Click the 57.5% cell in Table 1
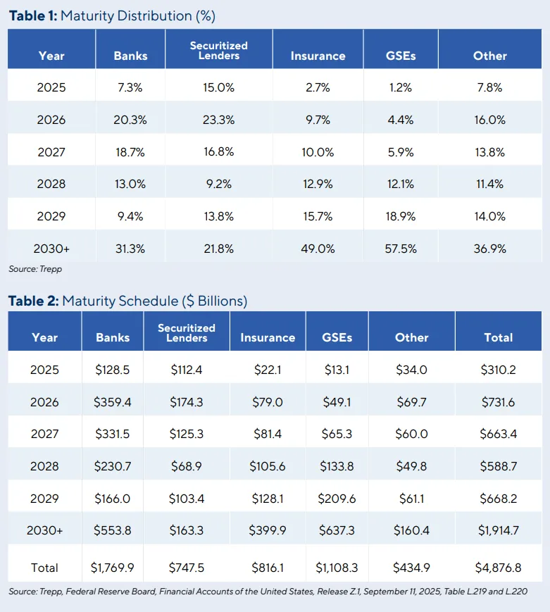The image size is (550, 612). [x=401, y=249]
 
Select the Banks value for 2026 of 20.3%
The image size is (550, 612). [x=130, y=120]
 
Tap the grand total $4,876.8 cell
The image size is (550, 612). [x=498, y=568]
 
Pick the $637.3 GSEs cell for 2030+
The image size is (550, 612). [x=337, y=530]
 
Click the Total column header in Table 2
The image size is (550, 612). [x=498, y=337]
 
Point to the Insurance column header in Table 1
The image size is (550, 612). [x=318, y=56]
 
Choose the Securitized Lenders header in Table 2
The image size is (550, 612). [x=186, y=332]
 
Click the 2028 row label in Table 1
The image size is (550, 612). [x=51, y=184]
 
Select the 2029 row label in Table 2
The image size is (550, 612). [x=45, y=499]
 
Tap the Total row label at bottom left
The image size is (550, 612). [x=45, y=568]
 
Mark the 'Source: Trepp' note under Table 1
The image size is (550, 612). [x=30, y=269]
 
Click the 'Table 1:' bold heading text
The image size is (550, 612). [x=33, y=15]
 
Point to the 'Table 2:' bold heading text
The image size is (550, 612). [x=33, y=301]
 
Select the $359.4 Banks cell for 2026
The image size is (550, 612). [x=113, y=402]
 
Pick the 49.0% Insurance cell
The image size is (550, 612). [x=318, y=249]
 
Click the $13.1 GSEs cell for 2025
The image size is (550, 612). [x=337, y=370]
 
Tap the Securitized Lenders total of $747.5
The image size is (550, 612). [x=186, y=568]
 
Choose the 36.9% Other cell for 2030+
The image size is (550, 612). [x=489, y=249]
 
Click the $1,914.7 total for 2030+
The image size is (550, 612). [x=498, y=530]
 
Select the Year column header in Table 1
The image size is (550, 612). [x=51, y=56]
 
